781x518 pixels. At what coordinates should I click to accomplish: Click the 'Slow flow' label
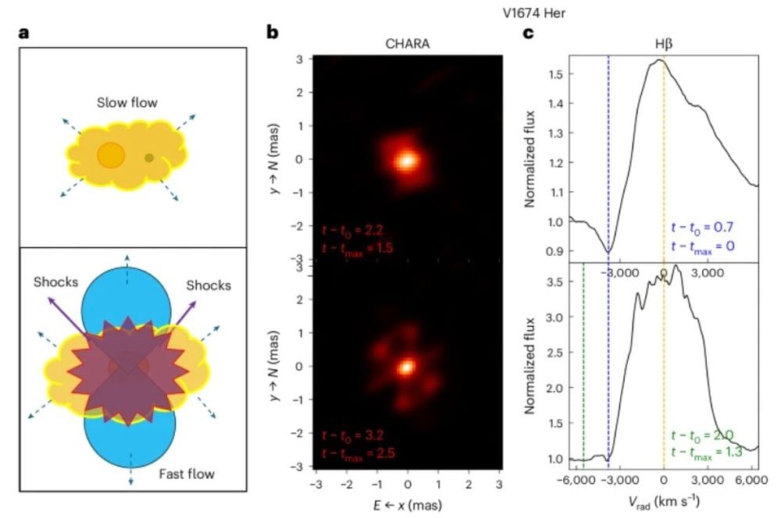(x=127, y=102)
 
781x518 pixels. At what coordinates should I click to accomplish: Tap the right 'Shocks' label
(x=208, y=285)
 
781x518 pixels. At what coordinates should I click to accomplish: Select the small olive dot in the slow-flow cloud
(x=149, y=158)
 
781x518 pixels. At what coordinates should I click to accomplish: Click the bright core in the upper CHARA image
(x=406, y=160)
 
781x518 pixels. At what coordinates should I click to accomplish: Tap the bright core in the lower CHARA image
(x=406, y=366)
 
